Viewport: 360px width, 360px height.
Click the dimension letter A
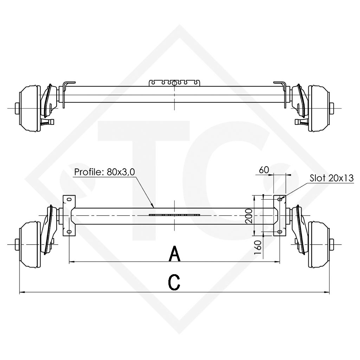coord(175,254)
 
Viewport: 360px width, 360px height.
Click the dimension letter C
coord(174,282)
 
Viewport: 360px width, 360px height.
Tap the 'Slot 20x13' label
coord(331,178)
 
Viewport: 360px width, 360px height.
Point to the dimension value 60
coord(264,170)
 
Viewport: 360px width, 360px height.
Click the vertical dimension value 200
coord(248,216)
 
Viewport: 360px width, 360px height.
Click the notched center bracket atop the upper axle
coord(175,83)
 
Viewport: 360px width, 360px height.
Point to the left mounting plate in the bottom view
coord(69,216)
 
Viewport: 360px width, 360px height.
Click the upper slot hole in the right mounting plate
coord(279,200)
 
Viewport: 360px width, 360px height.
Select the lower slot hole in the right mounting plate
coord(279,232)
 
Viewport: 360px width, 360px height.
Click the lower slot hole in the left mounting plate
coord(69,232)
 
